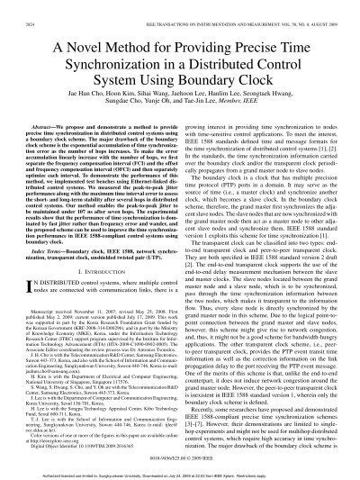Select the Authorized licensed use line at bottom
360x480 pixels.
pyautogui.click(x=180, y=471)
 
